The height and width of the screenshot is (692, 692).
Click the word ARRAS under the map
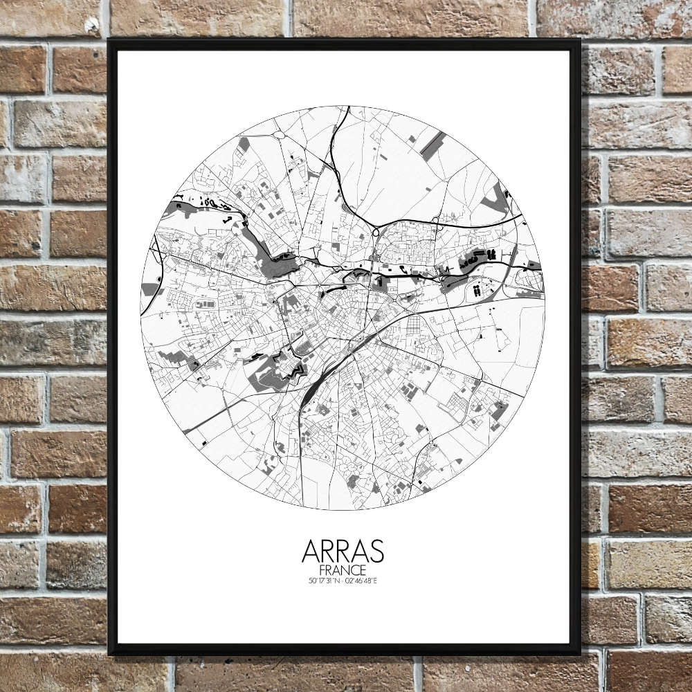point(343,552)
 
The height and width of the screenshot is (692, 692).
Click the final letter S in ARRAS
point(376,552)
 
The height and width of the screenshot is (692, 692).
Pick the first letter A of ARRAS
point(311,552)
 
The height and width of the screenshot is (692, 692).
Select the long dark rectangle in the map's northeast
point(432,143)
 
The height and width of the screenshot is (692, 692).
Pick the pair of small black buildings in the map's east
point(477,291)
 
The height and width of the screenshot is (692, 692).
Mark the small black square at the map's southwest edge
point(203,441)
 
